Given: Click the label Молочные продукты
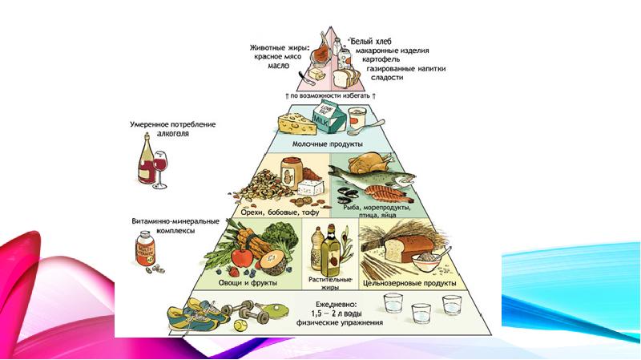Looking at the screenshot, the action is click(x=337, y=144).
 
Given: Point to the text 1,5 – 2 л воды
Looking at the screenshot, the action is click(x=337, y=313).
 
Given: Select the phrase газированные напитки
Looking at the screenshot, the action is click(x=406, y=69).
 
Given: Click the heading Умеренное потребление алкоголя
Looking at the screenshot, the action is click(x=174, y=130).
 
